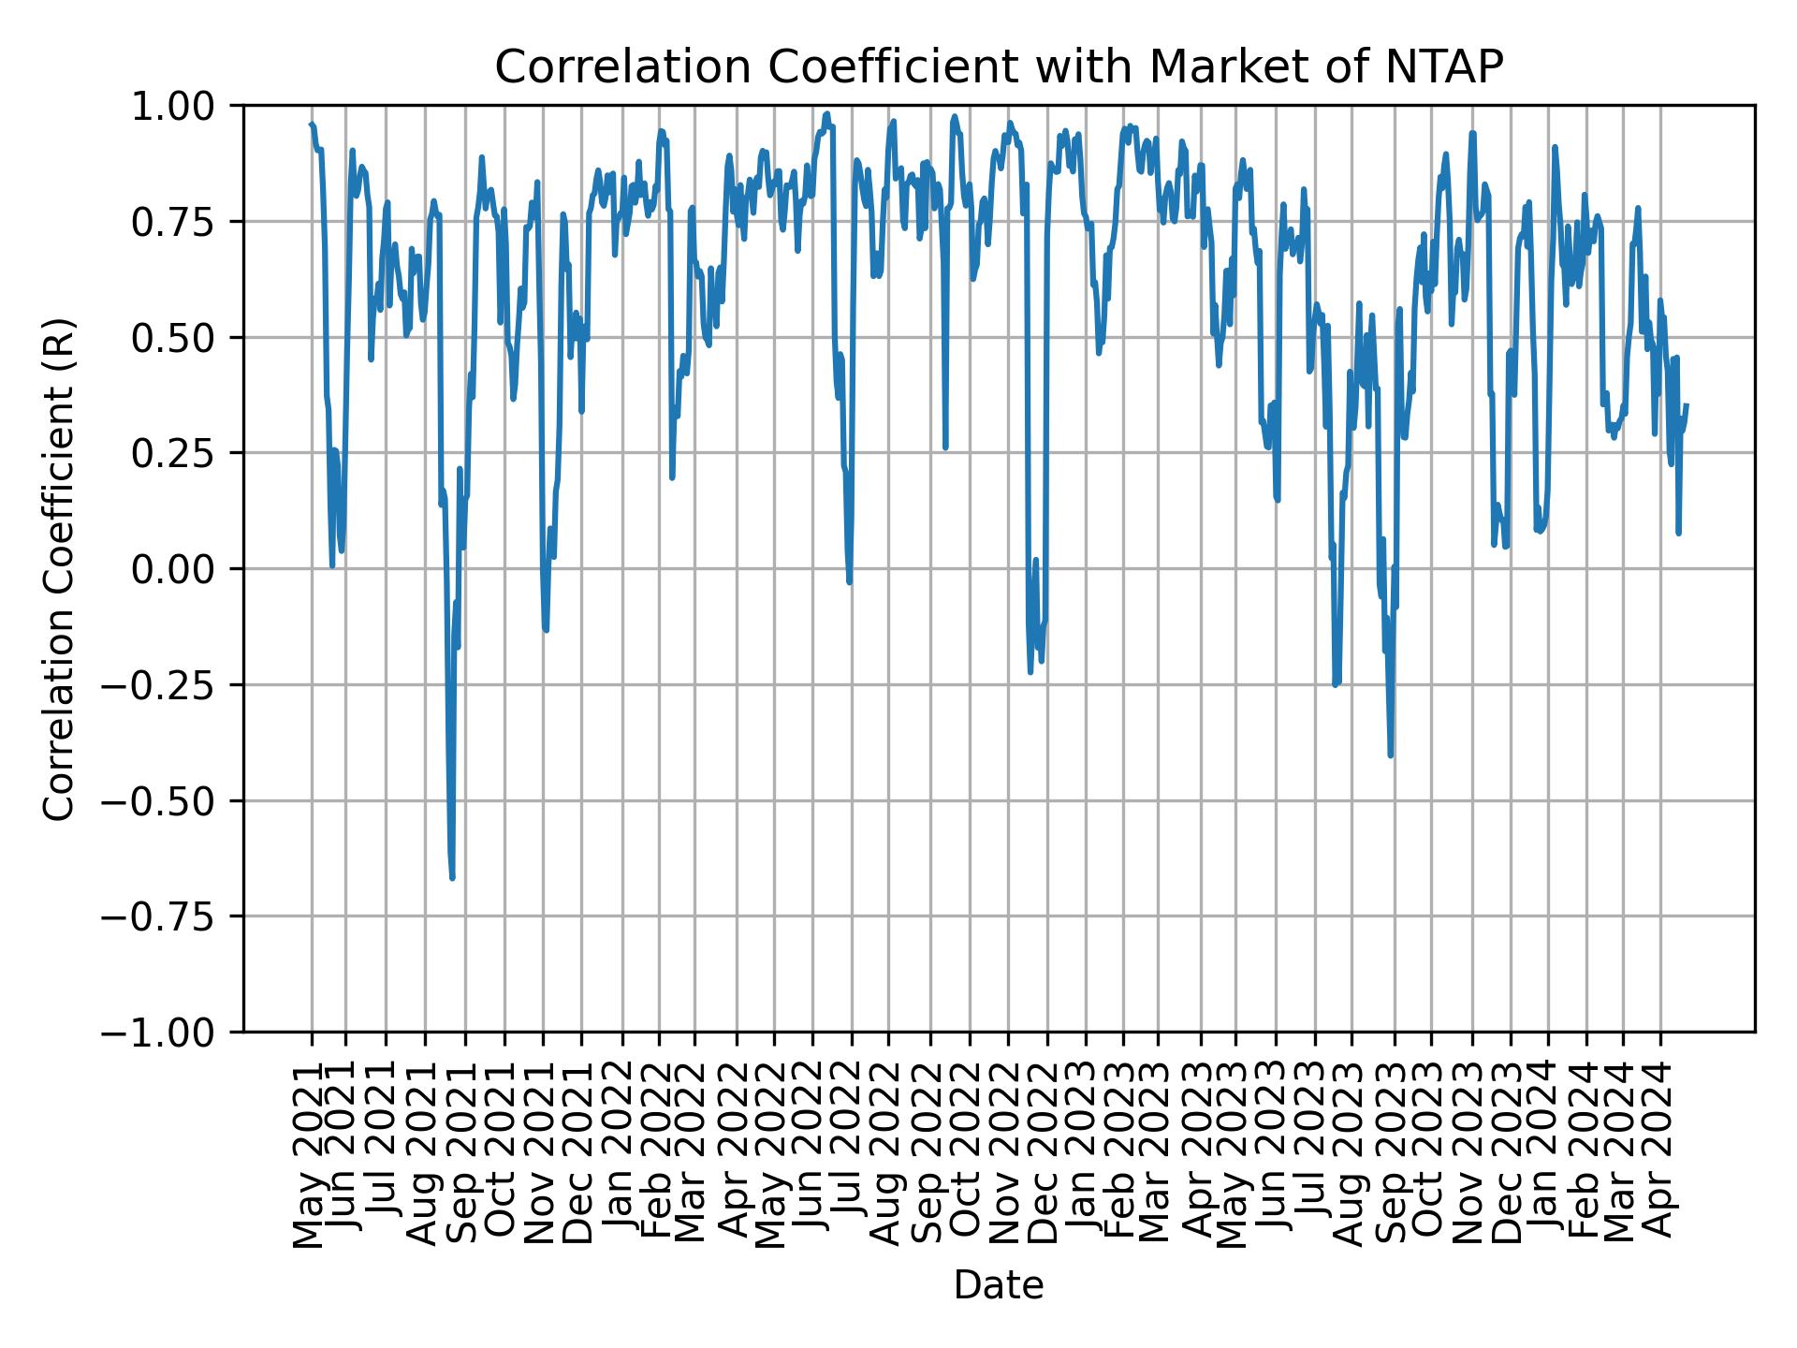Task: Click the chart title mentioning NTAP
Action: click(x=999, y=67)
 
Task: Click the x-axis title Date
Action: click(x=999, y=1286)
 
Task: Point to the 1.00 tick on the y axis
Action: click(x=185, y=106)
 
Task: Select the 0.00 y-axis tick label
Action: click(x=185, y=569)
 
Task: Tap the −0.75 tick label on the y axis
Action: click(x=171, y=916)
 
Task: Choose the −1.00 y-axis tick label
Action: click(x=171, y=1033)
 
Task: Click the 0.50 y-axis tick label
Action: click(x=185, y=338)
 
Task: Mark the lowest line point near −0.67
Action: click(x=452, y=878)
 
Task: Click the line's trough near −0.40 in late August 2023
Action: click(x=1391, y=755)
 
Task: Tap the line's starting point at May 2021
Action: click(x=311, y=124)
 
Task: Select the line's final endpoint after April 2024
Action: click(x=1687, y=405)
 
